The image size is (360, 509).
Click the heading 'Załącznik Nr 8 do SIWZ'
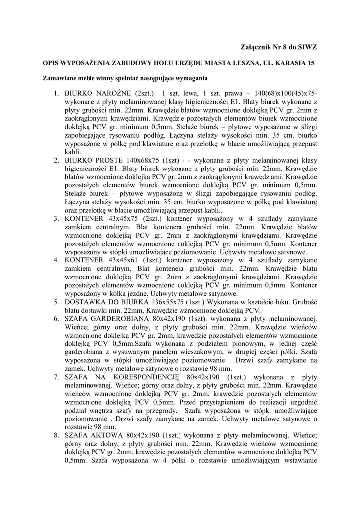pyautogui.click(x=279, y=47)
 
